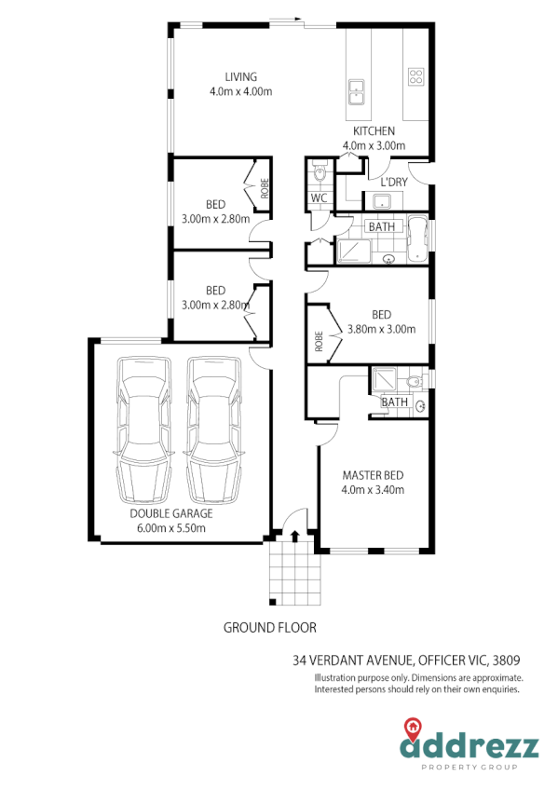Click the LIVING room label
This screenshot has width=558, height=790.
tap(240, 76)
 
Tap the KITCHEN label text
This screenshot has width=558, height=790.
tap(374, 131)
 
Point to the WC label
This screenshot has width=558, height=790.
tap(318, 198)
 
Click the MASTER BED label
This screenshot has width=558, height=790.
tap(373, 474)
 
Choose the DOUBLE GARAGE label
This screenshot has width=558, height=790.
tap(171, 513)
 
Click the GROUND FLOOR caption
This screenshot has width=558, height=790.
tap(269, 627)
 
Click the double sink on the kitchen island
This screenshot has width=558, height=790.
tap(356, 91)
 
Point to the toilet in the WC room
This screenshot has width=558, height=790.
tap(319, 172)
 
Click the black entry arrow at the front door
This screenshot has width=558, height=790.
tap(295, 536)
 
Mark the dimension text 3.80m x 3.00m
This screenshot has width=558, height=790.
tap(381, 329)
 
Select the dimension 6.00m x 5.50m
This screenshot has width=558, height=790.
tap(171, 527)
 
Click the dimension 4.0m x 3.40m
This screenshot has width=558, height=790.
tap(373, 489)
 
